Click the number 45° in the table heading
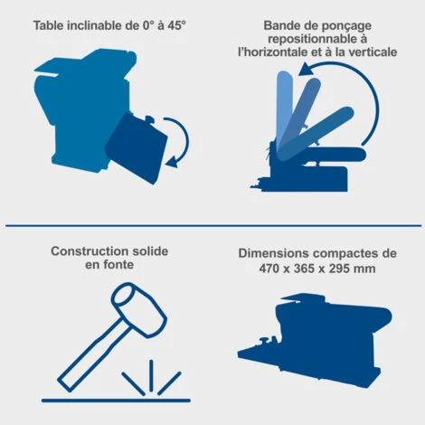coord(176,25)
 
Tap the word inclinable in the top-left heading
coord(94,25)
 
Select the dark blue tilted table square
coord(136,148)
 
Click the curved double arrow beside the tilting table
coord(178,142)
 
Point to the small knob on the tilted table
coord(149,119)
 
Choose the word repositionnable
coord(313,39)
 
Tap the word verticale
coord(373,52)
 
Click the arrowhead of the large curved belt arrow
coord(306,69)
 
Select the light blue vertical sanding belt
coord(284,109)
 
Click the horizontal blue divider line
coord(213,225)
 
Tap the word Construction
coord(90,251)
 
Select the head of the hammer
coord(139,309)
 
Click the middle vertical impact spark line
coord(151,375)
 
